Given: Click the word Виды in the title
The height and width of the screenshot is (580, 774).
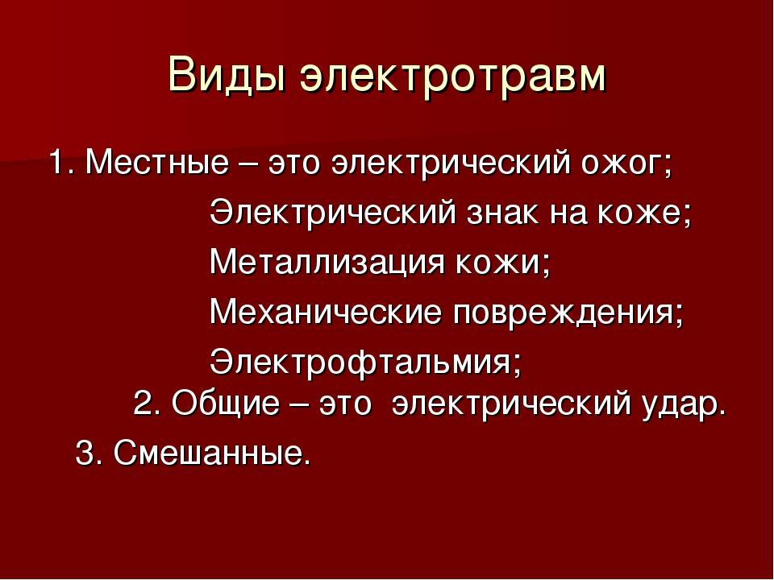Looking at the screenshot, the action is pos(227,75).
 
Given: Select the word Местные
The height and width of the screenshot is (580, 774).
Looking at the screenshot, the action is pos(157,162).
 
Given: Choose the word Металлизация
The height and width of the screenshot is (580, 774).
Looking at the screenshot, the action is pos(327,263).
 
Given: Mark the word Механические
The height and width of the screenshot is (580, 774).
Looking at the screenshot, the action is pos(326,312).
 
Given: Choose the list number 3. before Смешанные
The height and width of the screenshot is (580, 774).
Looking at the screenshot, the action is pos(89,452).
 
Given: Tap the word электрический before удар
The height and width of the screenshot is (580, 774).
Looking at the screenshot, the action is pos(511,404).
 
